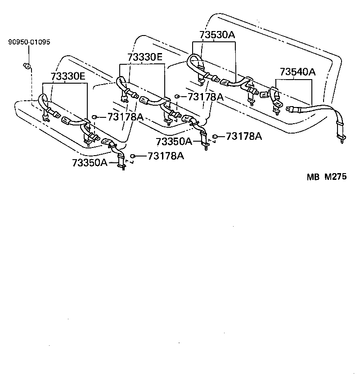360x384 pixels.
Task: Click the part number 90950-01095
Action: [29, 43]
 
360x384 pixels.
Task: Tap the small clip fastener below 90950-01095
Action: [28, 67]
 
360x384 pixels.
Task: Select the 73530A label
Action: [217, 36]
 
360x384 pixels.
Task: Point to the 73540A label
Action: [297, 72]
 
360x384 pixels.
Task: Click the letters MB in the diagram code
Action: [313, 177]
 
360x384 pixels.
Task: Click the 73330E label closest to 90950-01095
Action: [67, 76]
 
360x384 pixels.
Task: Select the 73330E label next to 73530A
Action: [145, 58]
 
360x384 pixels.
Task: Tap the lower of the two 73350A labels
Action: [90, 162]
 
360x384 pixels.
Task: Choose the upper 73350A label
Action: [174, 142]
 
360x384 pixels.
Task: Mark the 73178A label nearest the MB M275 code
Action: [243, 136]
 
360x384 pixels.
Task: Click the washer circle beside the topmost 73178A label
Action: [178, 96]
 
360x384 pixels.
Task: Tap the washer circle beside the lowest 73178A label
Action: [133, 156]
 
